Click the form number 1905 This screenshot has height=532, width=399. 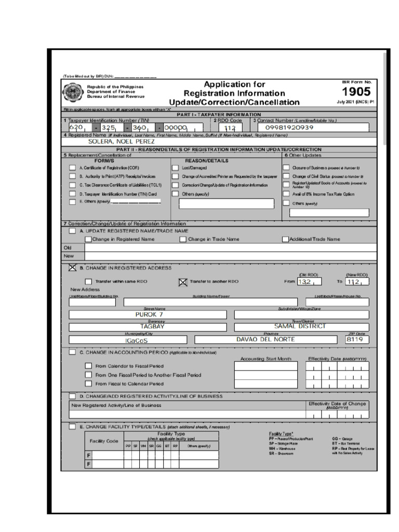click(356, 92)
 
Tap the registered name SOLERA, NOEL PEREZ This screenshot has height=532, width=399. click(121, 141)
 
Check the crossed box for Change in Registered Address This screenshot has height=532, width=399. click(72, 268)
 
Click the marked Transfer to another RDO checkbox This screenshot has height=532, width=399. click(182, 282)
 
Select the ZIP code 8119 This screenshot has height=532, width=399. click(357, 339)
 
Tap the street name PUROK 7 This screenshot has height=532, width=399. click(149, 314)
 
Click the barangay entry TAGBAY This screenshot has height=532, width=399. click(149, 326)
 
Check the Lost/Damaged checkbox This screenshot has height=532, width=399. click(175, 168)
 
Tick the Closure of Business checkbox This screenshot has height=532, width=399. click(286, 168)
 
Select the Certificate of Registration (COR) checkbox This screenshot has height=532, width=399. click(72, 168)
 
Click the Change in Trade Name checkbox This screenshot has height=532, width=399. click(183, 240)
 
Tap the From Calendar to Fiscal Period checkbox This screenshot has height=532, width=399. click(88, 366)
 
